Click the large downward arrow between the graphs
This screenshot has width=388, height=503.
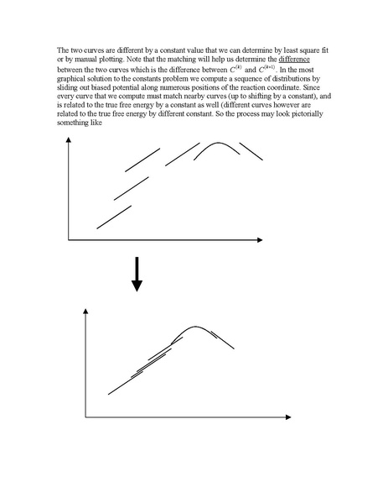[137, 276]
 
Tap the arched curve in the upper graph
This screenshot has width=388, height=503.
[214, 149]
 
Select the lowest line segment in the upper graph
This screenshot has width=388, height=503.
[113, 216]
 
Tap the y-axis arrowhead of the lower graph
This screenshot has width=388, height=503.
[86, 312]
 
